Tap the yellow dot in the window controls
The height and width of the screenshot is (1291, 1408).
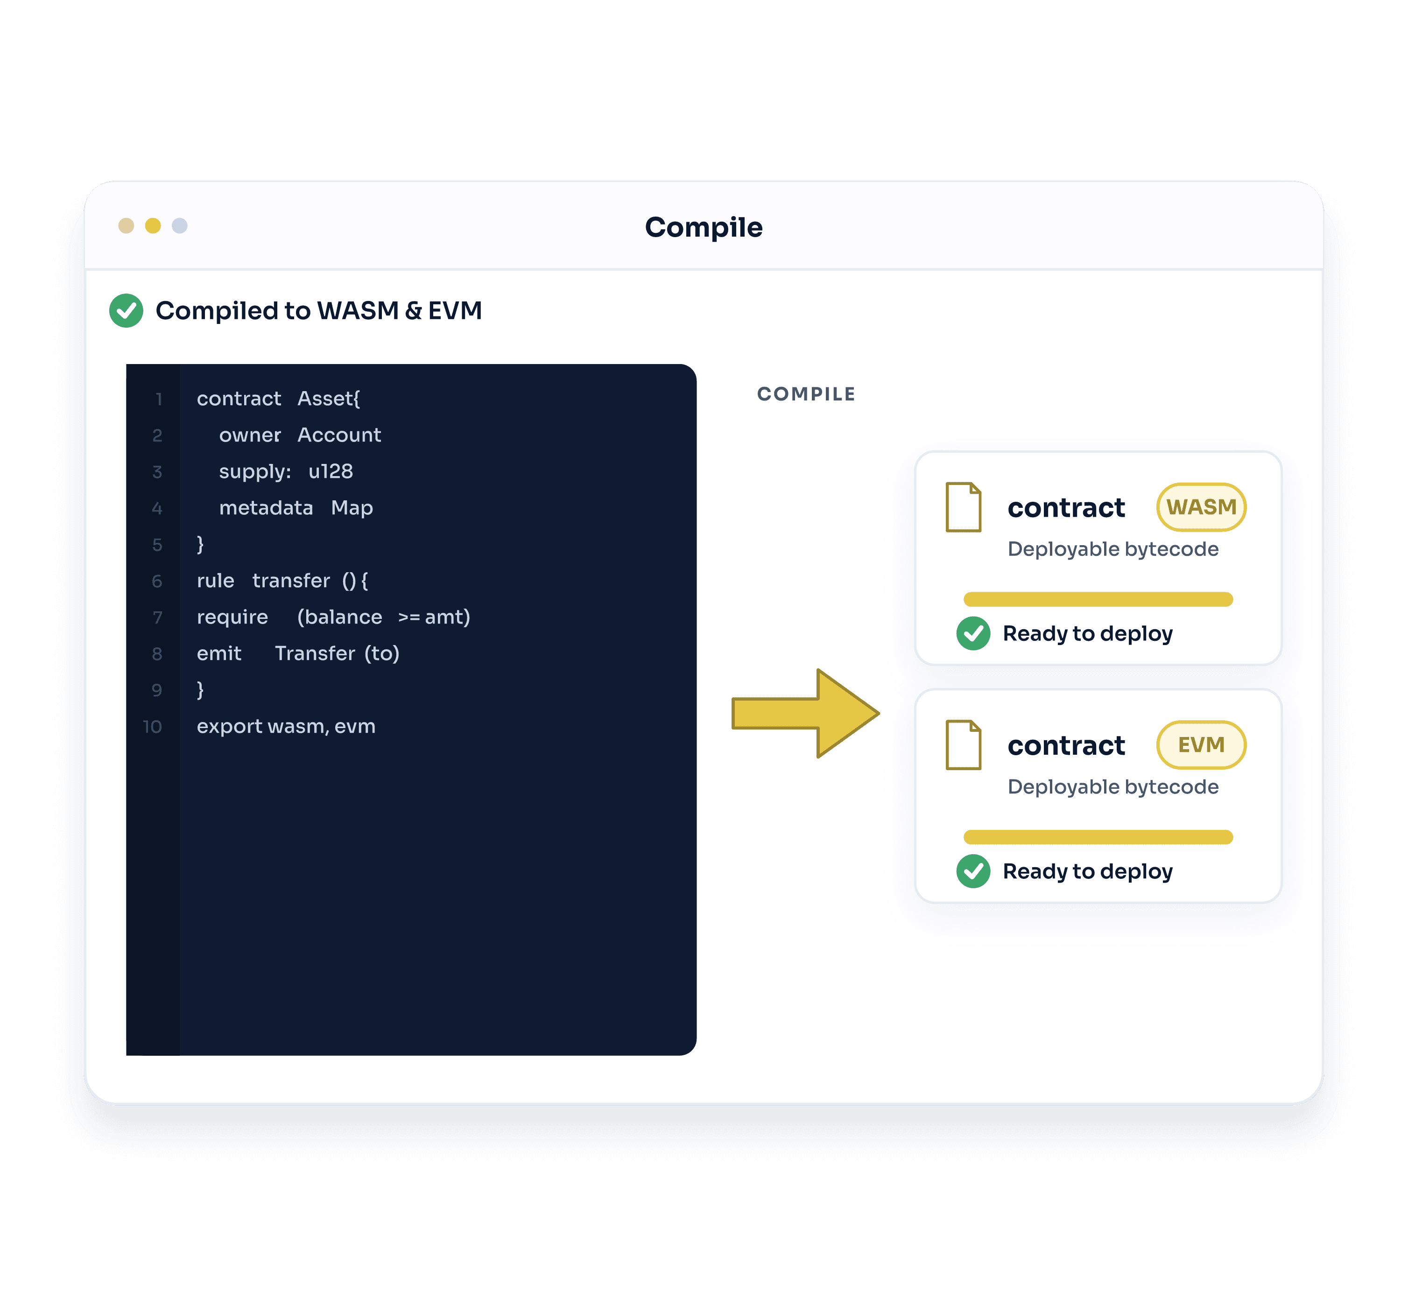point(153,225)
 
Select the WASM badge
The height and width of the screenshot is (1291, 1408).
point(1201,507)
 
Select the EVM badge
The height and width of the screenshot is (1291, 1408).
point(1201,745)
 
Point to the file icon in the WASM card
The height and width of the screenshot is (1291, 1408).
point(964,507)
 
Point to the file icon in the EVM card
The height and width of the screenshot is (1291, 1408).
point(964,745)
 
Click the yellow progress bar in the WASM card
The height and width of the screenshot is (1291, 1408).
point(1098,599)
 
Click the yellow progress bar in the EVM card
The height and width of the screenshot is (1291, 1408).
point(1098,837)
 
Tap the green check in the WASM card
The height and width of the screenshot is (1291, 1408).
point(973,634)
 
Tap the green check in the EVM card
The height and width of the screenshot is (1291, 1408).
point(973,871)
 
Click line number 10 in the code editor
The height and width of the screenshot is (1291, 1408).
point(152,727)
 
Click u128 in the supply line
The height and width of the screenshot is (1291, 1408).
point(331,471)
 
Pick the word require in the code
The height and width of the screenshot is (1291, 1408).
point(232,617)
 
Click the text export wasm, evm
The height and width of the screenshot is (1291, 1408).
point(286,727)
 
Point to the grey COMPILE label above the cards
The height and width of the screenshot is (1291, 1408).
point(806,394)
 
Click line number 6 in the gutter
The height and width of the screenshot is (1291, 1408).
point(157,581)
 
